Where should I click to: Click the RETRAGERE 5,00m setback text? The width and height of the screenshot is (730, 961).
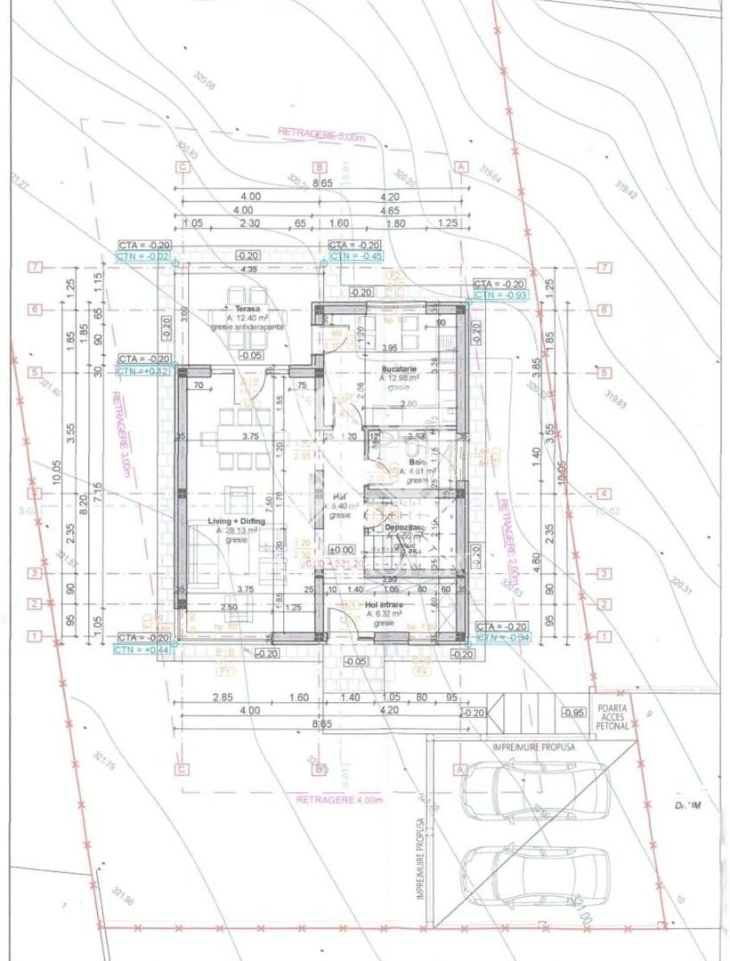pyautogui.click(x=321, y=135)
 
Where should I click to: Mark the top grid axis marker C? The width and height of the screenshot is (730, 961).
pyautogui.click(x=182, y=166)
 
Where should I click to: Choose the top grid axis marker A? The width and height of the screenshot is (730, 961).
pyautogui.click(x=460, y=166)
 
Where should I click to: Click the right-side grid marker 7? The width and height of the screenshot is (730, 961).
pyautogui.click(x=604, y=267)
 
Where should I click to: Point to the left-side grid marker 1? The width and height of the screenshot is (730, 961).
pyautogui.click(x=36, y=636)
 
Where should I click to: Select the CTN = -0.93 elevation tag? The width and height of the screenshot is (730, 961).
pyautogui.click(x=501, y=294)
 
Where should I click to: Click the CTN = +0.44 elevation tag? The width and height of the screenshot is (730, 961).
pyautogui.click(x=142, y=650)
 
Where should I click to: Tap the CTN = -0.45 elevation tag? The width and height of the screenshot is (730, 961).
pyautogui.click(x=355, y=256)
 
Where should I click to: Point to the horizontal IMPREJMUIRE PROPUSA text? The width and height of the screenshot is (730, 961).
pyautogui.click(x=534, y=747)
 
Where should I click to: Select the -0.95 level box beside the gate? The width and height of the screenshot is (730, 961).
pyautogui.click(x=573, y=713)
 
